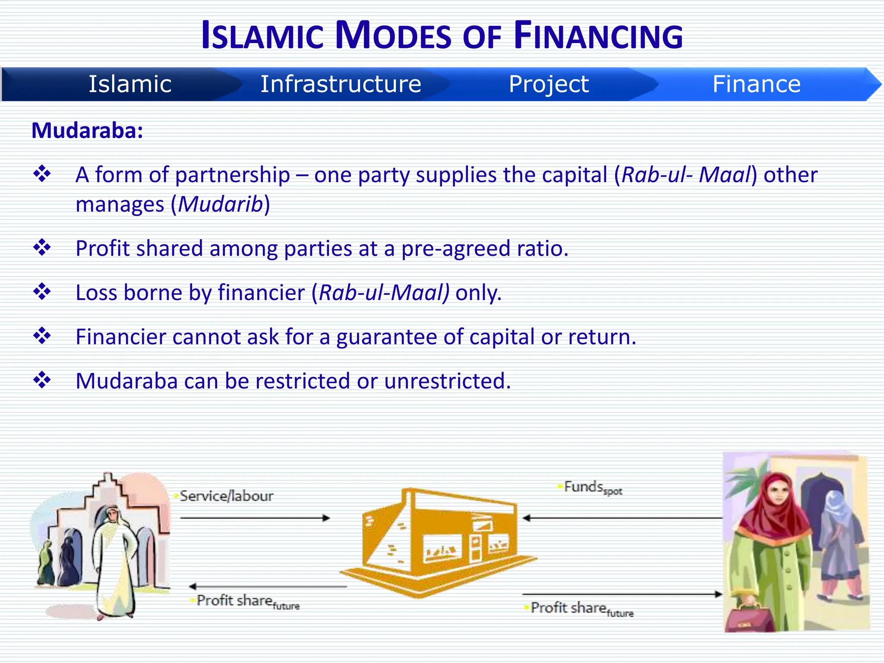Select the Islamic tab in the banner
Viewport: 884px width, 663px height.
pos(130,84)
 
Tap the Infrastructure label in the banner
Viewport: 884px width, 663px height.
pos(341,84)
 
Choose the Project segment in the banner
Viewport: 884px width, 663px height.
pos(548,84)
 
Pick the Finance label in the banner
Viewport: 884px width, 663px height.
pos(756,84)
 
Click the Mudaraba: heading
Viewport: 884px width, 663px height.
pos(87,130)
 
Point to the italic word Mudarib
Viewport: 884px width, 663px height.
pos(221,204)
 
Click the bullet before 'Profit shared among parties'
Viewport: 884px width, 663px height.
pos(42,248)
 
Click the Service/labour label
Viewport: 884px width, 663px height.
pos(226,496)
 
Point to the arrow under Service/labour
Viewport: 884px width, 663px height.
pos(255,518)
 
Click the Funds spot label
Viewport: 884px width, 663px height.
pos(593,487)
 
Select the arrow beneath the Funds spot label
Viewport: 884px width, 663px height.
pos(622,518)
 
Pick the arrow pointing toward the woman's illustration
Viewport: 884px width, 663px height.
pos(622,594)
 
